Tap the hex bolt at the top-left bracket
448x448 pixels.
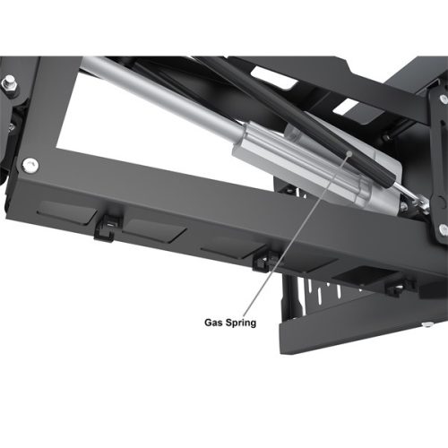10,82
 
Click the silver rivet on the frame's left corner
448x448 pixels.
30,165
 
